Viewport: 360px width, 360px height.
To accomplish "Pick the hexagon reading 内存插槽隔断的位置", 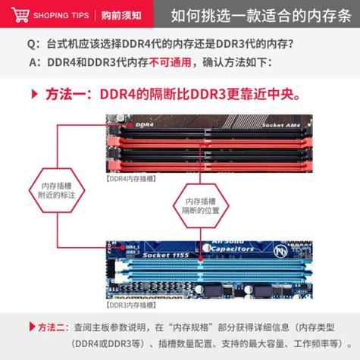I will (x=201, y=205).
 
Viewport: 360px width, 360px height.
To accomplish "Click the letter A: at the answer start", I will (x=32, y=62).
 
